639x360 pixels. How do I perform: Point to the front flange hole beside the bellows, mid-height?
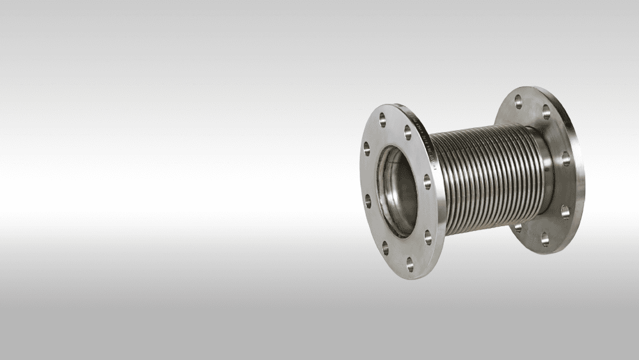coord(427,182)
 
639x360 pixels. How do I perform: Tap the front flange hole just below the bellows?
coord(427,239)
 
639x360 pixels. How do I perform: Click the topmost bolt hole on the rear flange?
coord(518,99)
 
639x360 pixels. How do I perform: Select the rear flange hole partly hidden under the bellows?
coord(519,226)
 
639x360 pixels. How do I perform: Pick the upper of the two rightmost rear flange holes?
coord(565,158)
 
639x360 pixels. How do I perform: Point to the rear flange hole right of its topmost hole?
coord(546,111)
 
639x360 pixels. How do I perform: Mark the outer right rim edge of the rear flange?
coord(583,178)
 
